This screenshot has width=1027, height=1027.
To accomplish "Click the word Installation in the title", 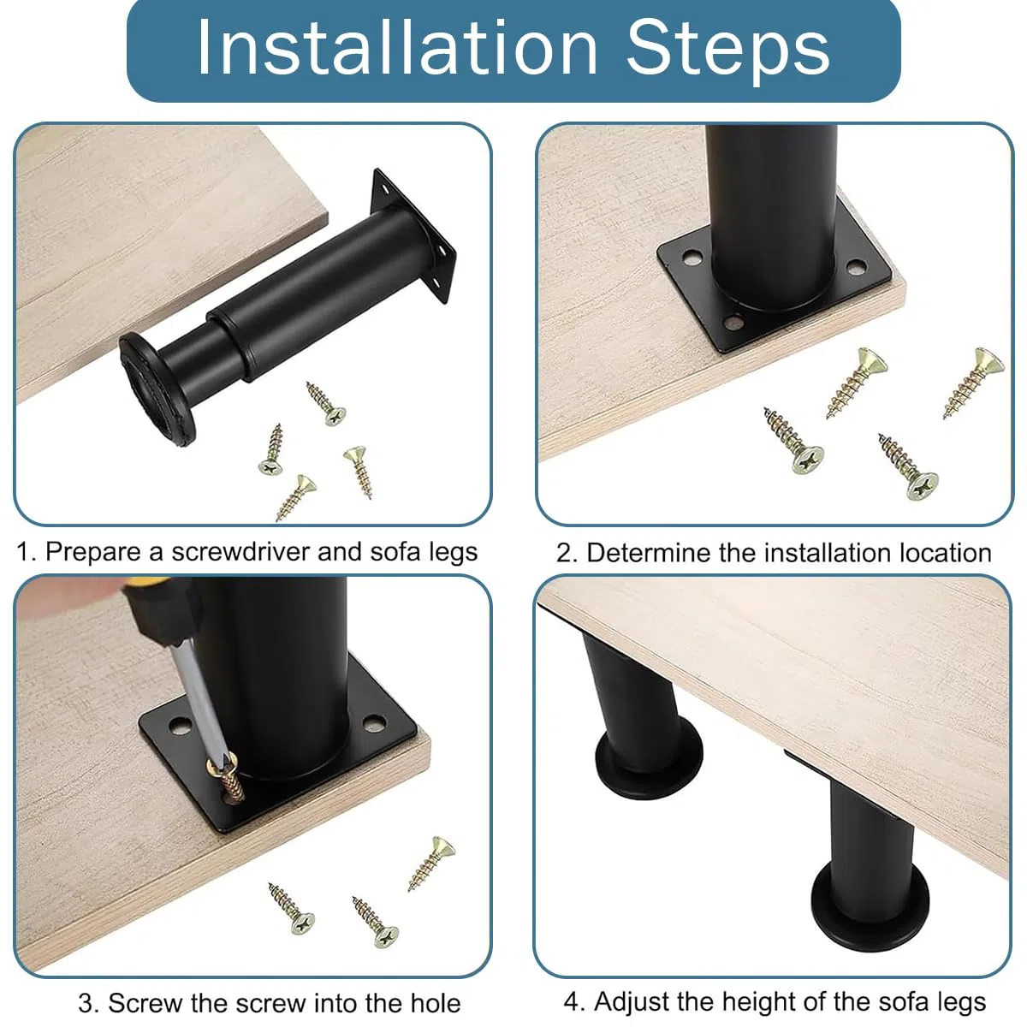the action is [397, 47].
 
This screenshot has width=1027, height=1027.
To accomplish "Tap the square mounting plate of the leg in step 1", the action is [413, 235].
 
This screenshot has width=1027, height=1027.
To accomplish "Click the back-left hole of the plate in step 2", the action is [692, 259].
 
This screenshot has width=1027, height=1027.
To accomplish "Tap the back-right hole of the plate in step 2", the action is [857, 266].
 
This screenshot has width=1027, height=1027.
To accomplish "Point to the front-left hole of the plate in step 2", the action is [734, 322].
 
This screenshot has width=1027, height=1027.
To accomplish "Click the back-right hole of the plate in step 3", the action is [374, 722].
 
